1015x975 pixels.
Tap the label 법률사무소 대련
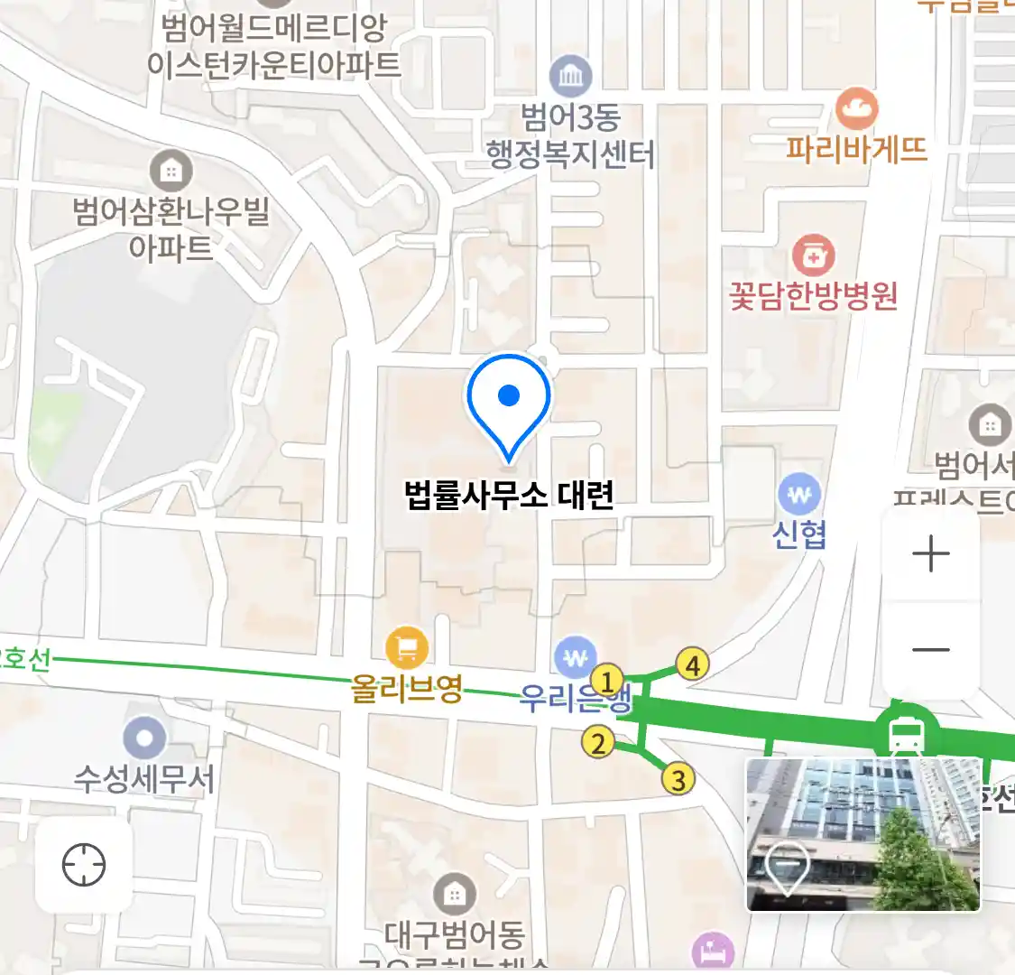[x=509, y=495]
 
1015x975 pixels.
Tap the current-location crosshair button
[x=84, y=865]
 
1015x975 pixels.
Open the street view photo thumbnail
[x=863, y=834]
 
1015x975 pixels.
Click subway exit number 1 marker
[x=607, y=681]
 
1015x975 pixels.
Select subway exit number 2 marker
[x=597, y=744]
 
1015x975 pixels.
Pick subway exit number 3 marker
[x=678, y=778]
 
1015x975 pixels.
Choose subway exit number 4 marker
[x=692, y=665]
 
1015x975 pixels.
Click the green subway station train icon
[x=905, y=736]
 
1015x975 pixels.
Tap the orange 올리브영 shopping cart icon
[x=407, y=647]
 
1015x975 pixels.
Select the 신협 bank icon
[x=799, y=495]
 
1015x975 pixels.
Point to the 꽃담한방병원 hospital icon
[x=813, y=256]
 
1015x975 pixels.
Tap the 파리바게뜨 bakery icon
[x=856, y=109]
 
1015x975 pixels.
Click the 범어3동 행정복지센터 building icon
[x=570, y=76]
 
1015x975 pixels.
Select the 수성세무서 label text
[x=144, y=778]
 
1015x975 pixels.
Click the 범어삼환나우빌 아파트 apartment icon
[x=171, y=169]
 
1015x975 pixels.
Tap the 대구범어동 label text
[x=455, y=933]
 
